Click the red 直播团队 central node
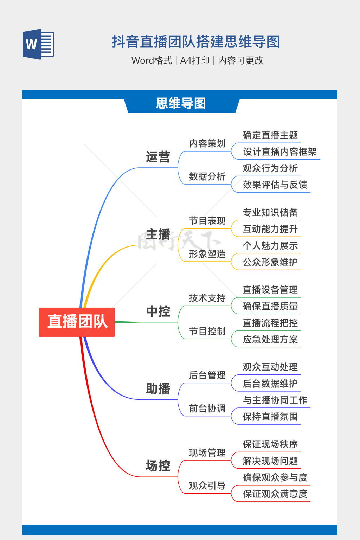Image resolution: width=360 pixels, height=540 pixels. [77, 322]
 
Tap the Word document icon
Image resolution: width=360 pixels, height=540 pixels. [39, 44]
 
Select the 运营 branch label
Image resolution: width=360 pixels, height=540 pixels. [158, 157]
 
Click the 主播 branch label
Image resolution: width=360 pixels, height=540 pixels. [158, 234]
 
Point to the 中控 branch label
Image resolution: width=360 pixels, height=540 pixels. [158, 311]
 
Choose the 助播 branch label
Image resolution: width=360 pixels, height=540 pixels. [158, 389]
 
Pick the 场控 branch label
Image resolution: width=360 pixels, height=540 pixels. [158, 466]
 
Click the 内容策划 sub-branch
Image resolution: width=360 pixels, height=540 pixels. [207, 143]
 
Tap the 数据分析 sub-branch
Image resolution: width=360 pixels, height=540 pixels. [207, 176]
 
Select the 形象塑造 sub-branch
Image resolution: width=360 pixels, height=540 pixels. [207, 254]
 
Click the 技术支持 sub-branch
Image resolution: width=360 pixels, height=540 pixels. [207, 298]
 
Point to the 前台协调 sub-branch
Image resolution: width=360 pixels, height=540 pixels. [207, 409]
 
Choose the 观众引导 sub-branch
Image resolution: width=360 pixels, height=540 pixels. [207, 486]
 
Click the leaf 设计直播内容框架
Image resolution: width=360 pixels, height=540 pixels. [280, 152]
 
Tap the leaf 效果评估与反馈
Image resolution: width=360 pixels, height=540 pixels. [275, 185]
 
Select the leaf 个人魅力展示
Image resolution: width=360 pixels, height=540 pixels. [270, 246]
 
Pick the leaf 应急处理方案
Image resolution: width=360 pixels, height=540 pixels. [270, 340]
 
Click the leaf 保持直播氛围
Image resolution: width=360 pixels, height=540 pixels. [270, 417]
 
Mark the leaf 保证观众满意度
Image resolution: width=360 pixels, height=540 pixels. [275, 494]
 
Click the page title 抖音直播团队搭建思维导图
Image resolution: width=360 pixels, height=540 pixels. [195, 42]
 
